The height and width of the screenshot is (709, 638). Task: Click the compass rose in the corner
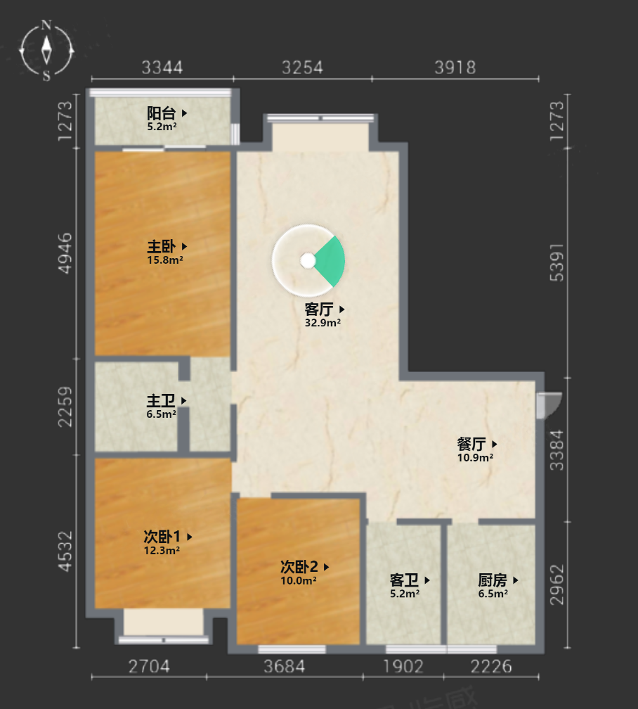coord(46,50)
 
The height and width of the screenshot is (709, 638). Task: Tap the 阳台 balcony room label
coord(162,113)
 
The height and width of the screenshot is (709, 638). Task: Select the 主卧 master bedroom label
coord(162,246)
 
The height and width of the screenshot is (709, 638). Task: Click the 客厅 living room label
coord(319,309)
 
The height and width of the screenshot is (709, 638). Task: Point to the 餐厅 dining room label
coord(471,444)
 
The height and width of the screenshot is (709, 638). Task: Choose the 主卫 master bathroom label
coord(161,401)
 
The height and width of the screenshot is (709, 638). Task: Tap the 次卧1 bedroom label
coord(162,537)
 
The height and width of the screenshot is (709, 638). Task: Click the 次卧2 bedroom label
coord(299,567)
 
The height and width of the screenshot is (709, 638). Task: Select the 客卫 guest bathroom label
coord(404,580)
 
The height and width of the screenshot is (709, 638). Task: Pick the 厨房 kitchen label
coord(493,580)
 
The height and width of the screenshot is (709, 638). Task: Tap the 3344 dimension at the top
coord(162,68)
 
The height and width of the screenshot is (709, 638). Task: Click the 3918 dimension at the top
coord(455,68)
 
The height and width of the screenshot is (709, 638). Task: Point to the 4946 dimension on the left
coord(65,253)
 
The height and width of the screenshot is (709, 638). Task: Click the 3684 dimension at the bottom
coord(284,667)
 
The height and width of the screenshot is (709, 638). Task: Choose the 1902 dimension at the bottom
coord(403,667)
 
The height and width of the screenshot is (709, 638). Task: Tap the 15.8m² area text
coord(165,260)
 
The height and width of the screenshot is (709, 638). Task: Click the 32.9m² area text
coord(323,323)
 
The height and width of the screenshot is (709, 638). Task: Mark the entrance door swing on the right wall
coord(549,404)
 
